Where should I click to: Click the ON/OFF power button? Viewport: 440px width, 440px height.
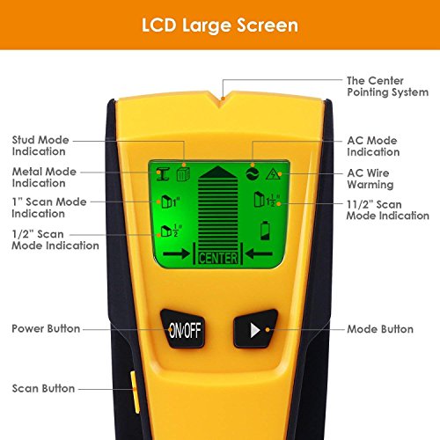click(x=182, y=329)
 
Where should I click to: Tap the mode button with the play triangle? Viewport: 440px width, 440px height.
click(x=256, y=329)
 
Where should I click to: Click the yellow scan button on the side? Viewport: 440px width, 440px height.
click(x=135, y=392)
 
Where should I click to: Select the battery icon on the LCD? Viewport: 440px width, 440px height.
click(x=265, y=231)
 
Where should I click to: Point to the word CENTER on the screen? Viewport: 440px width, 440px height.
click(x=218, y=259)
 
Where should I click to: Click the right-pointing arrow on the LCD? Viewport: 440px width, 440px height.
click(x=176, y=253)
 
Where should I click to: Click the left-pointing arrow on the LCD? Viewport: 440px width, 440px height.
click(x=259, y=253)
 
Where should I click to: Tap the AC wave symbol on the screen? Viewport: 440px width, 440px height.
click(x=253, y=173)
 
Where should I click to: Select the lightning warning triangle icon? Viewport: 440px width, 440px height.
click(x=273, y=174)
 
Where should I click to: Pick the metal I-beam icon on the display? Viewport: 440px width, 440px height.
click(x=163, y=174)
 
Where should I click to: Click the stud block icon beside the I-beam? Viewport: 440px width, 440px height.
click(x=183, y=174)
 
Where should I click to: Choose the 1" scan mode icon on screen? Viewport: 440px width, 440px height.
click(x=171, y=202)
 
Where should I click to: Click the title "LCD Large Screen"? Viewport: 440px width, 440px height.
click(x=220, y=26)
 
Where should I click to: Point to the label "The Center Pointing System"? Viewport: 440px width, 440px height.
click(x=387, y=86)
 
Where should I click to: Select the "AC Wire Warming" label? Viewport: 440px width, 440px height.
click(x=370, y=179)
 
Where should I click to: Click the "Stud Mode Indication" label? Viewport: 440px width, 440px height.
click(x=40, y=145)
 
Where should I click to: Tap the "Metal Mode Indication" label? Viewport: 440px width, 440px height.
click(x=44, y=177)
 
